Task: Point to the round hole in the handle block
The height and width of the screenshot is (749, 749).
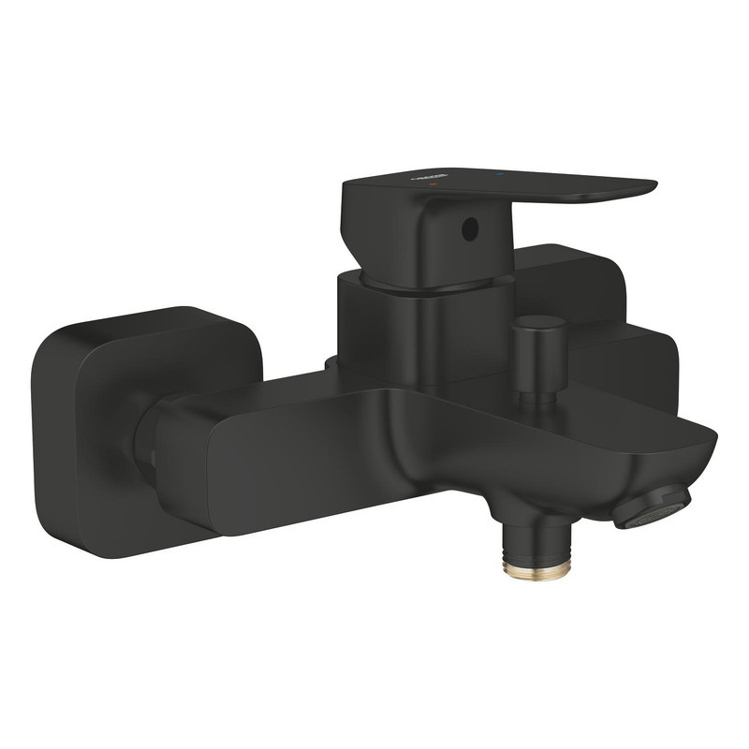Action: (470, 228)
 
